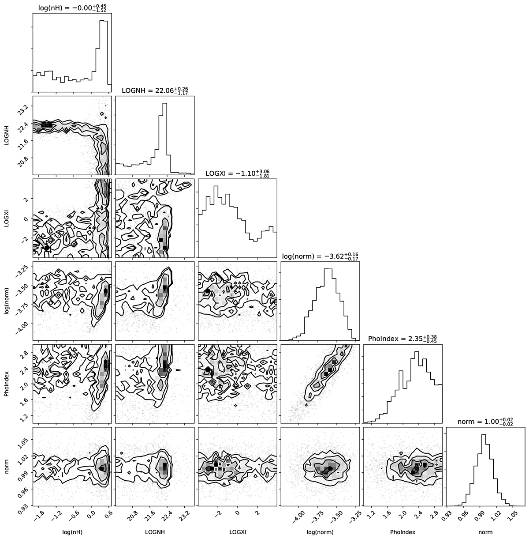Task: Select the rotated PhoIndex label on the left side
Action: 7,384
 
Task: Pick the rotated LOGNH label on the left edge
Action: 7,136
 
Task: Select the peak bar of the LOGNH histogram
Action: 164,139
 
